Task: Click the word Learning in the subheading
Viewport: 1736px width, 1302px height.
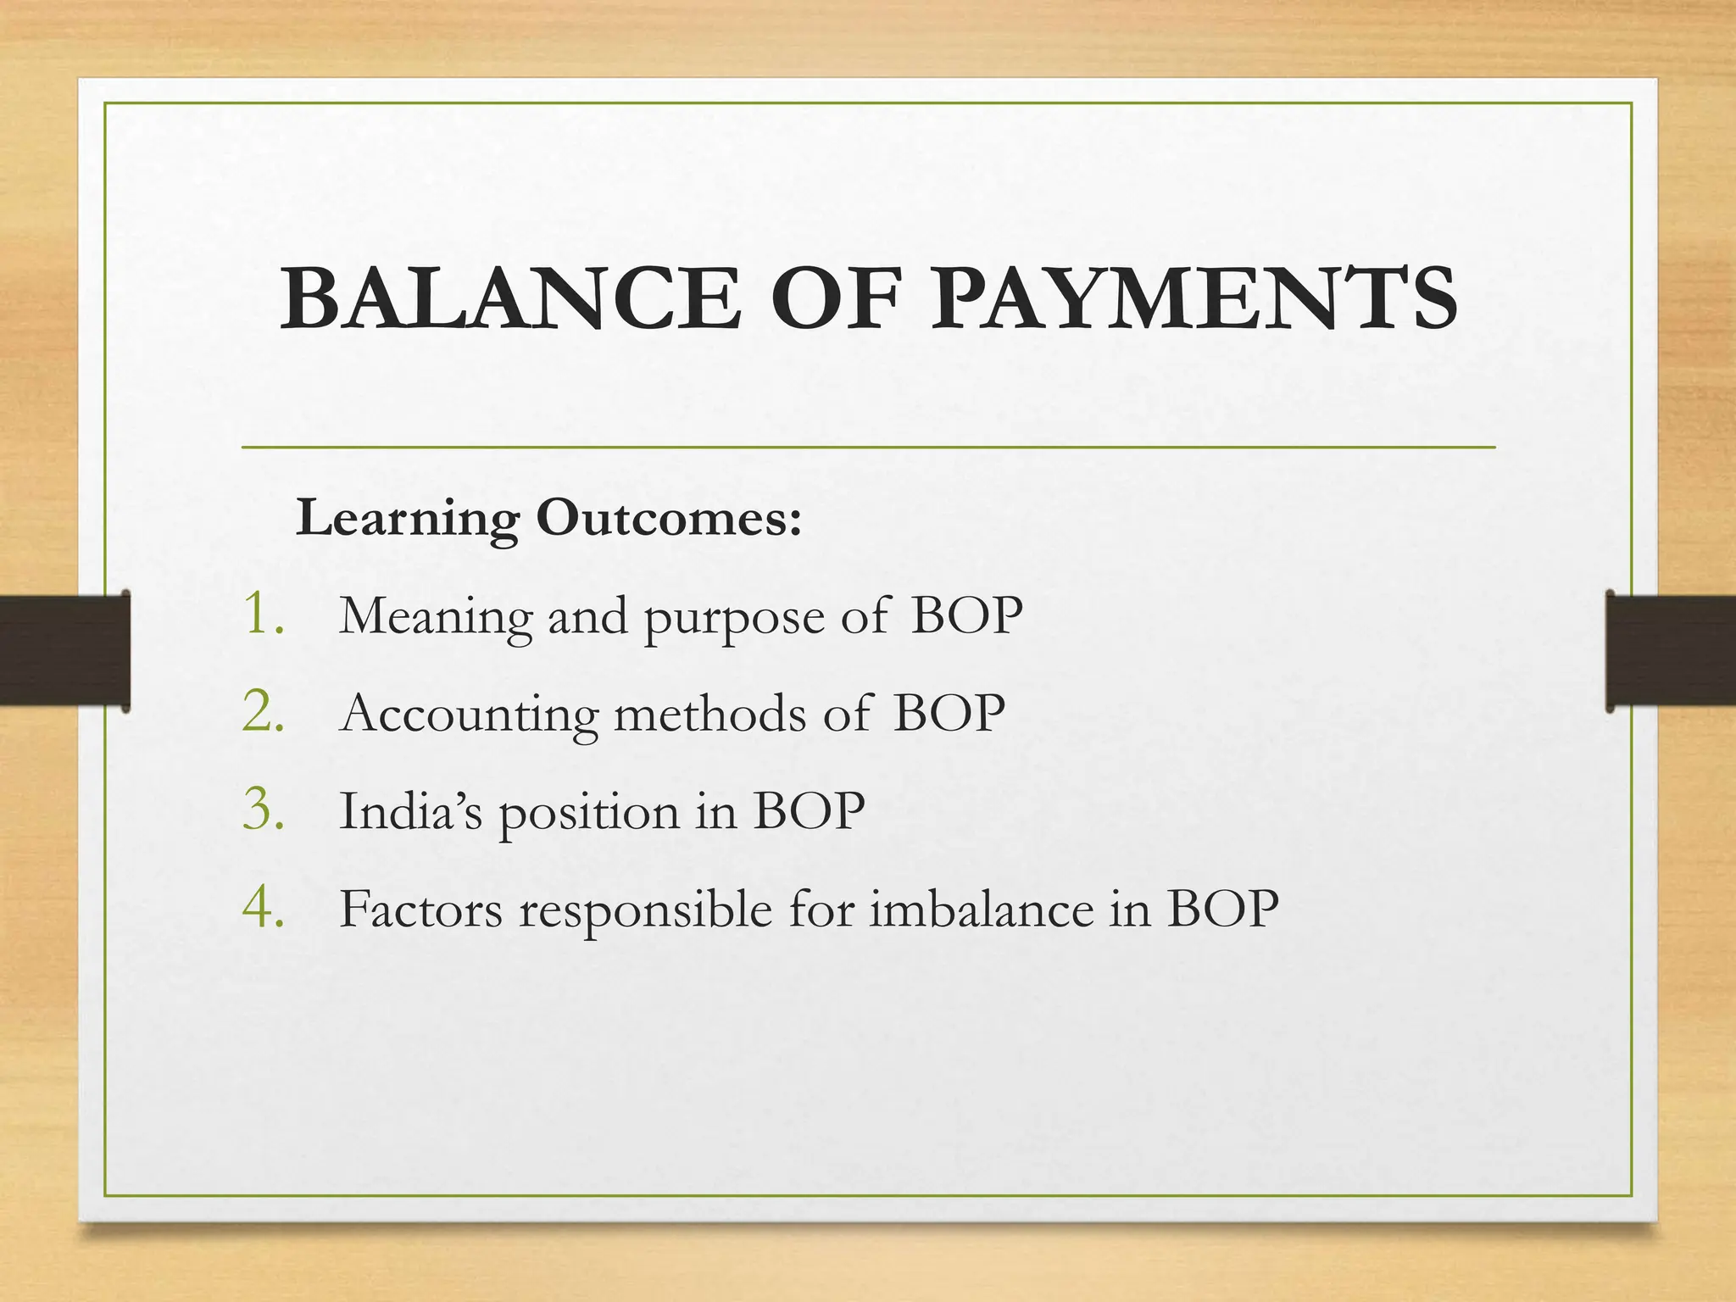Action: pos(407,519)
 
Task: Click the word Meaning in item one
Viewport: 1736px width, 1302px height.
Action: pos(435,617)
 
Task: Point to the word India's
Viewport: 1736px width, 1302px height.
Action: pos(410,811)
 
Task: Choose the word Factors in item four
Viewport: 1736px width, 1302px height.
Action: pos(420,910)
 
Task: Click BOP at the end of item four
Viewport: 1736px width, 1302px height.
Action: pos(1222,910)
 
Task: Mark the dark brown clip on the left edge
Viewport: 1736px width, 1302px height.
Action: pos(64,650)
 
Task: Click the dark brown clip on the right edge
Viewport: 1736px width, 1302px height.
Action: pos(1670,650)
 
